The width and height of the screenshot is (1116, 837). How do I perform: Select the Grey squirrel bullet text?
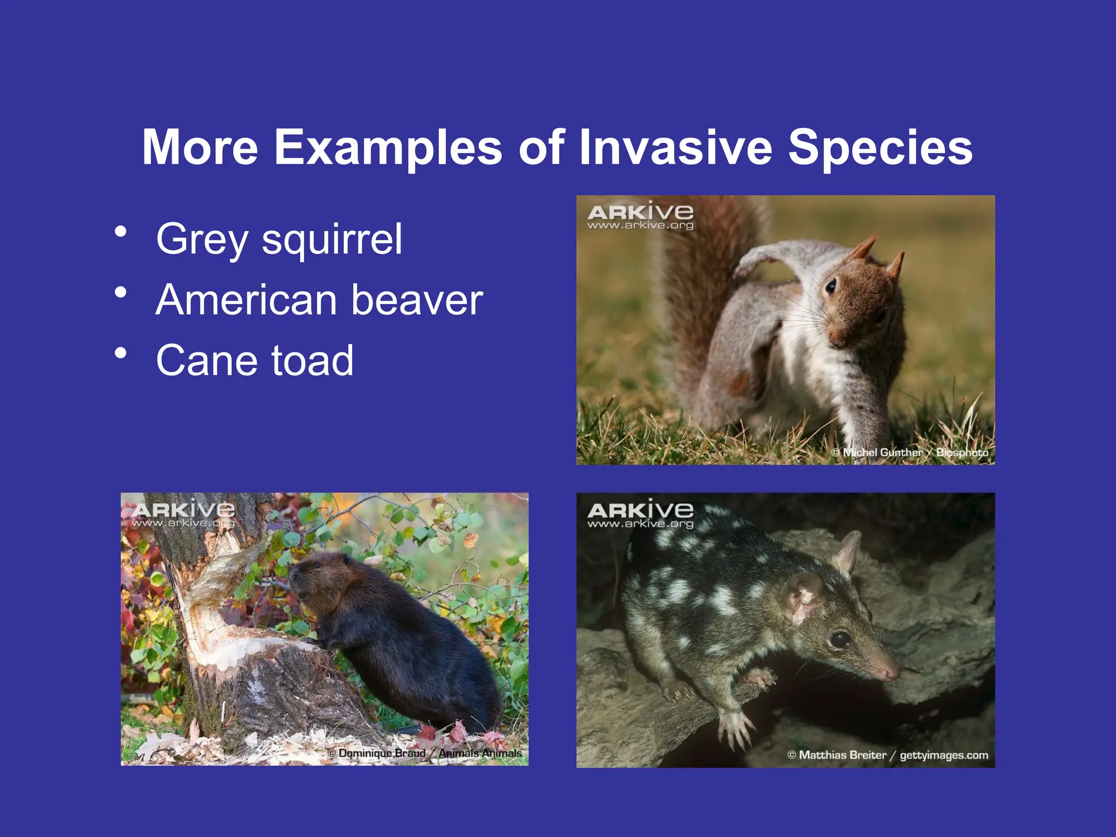point(279,240)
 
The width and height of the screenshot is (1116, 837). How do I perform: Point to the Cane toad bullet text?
point(255,360)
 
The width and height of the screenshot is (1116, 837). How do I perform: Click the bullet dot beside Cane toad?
point(120,353)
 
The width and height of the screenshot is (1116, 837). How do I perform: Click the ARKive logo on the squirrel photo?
point(640,216)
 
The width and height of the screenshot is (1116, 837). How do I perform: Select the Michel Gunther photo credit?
point(909,452)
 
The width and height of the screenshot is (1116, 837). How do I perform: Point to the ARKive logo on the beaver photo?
point(183,515)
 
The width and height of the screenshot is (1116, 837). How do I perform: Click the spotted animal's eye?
point(839,639)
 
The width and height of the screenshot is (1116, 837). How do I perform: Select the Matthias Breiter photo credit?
point(888,755)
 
